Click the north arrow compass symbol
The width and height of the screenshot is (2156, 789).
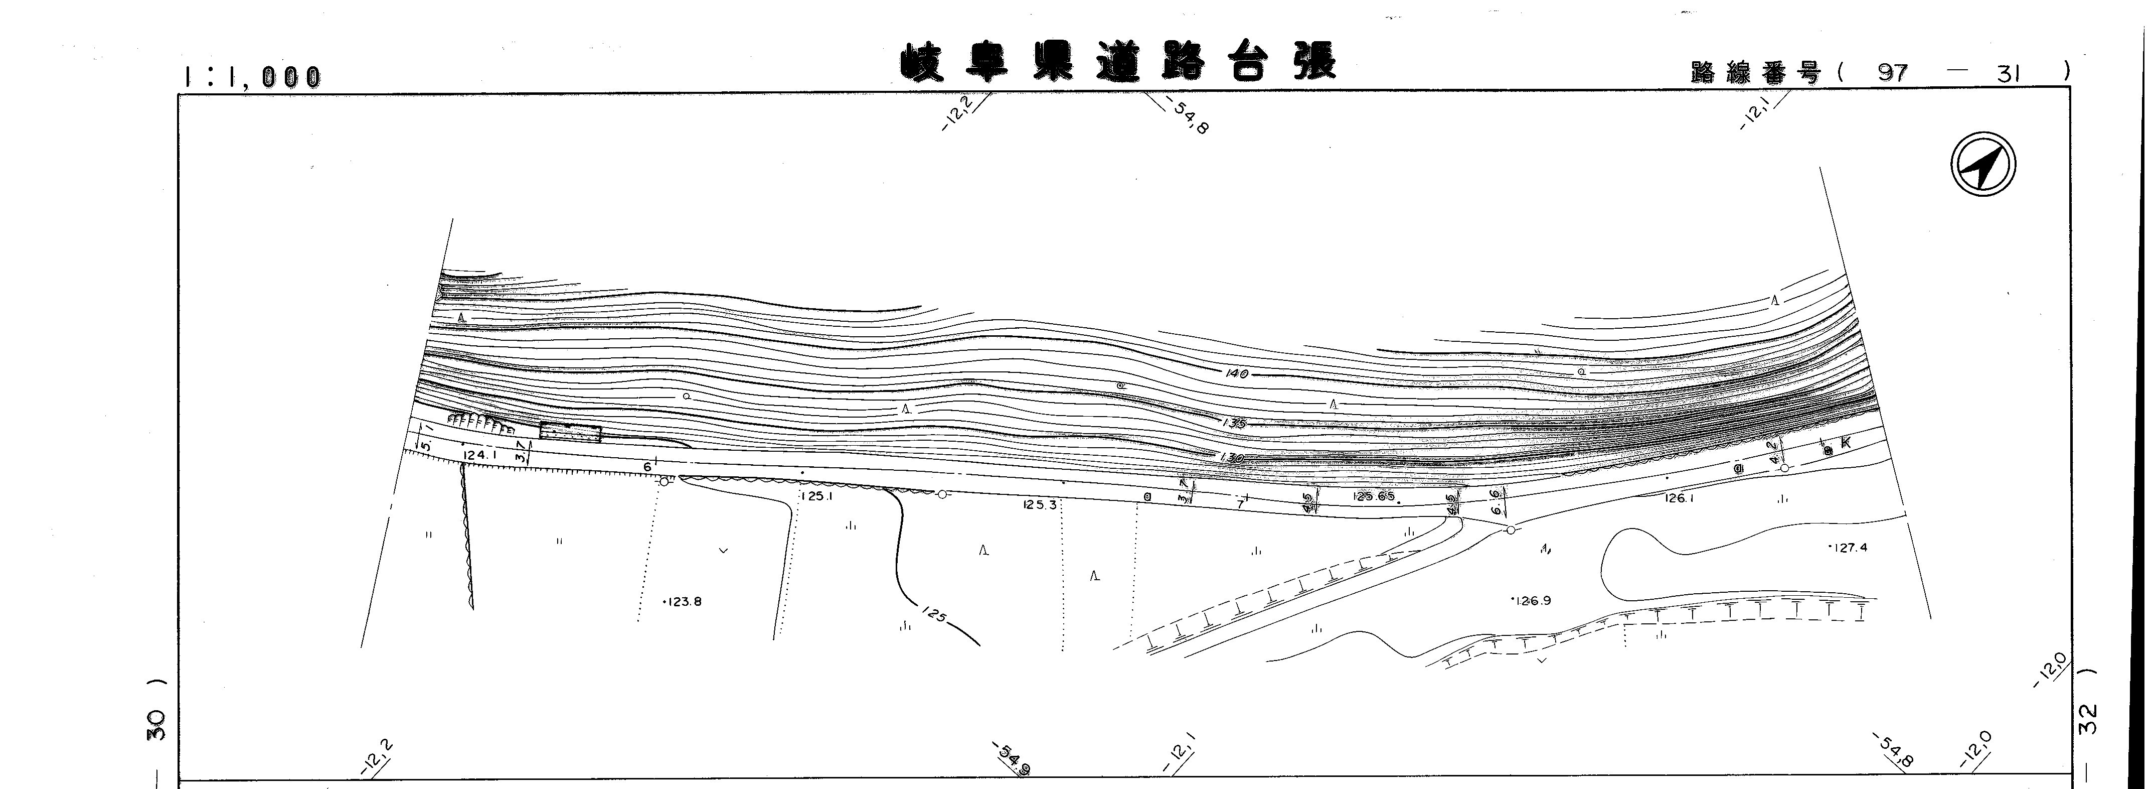point(1983,165)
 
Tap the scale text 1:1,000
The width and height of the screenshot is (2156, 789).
point(252,77)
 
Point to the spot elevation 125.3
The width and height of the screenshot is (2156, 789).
point(1040,505)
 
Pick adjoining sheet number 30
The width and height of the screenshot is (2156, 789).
point(156,725)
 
